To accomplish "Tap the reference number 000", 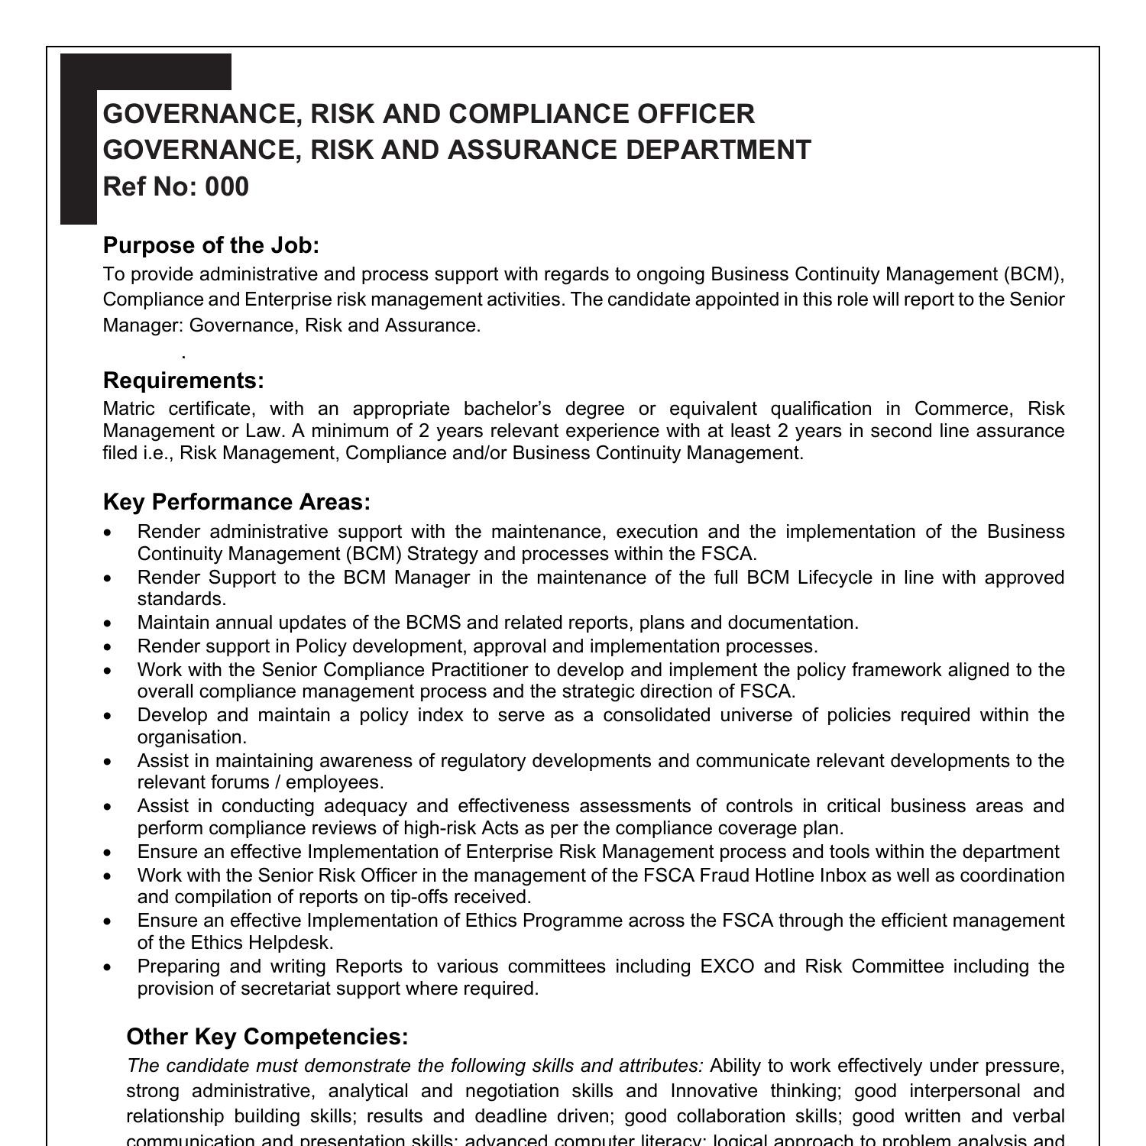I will pos(227,186).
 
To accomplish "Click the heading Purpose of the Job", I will pos(211,245).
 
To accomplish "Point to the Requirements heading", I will pos(183,380).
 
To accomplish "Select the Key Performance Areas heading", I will pos(237,502).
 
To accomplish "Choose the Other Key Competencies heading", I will pos(267,1037).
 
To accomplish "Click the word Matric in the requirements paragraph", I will pos(129,409).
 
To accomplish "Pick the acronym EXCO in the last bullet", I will pos(727,966).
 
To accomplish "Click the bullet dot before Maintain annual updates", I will pos(108,623).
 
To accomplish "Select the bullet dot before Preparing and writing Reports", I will pos(108,967).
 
